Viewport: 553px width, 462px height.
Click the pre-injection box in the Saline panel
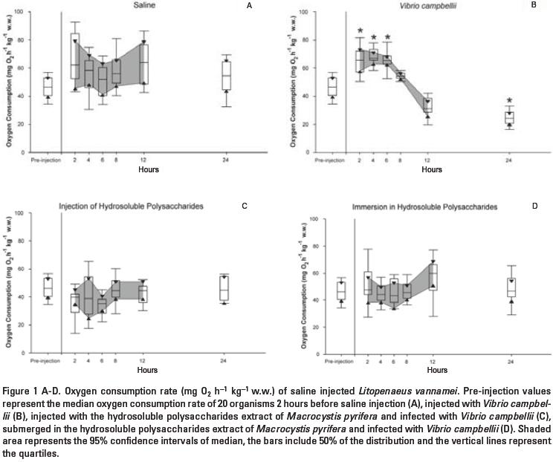point(48,87)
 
